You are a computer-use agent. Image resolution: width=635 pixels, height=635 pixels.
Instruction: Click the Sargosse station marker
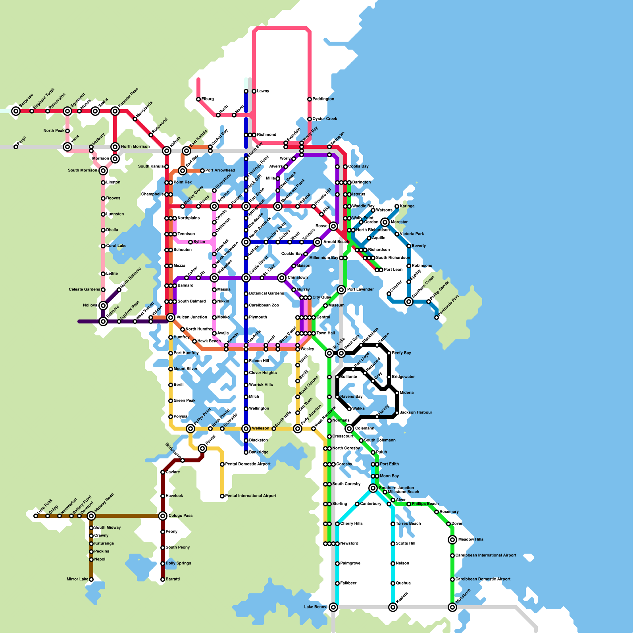pos(16,111)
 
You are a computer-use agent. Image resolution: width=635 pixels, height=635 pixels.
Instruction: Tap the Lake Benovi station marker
pos(333,607)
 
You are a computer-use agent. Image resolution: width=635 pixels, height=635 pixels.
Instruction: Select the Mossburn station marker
pos(452,607)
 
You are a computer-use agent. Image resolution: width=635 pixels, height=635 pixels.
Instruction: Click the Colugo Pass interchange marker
pos(163,516)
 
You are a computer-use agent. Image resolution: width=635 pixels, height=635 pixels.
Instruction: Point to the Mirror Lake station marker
pos(91,579)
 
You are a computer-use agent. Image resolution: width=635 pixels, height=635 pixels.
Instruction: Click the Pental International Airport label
pos(251,496)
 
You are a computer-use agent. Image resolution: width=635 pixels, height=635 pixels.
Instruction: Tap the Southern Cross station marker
pos(409,302)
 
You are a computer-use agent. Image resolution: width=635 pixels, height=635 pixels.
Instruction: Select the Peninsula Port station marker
pos(437,317)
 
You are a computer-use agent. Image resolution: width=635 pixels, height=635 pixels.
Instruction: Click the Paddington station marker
pos(310,99)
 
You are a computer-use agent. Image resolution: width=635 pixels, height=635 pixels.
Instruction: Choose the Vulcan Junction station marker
pos(171,317)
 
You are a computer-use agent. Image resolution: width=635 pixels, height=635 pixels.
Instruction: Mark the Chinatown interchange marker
pos(282,278)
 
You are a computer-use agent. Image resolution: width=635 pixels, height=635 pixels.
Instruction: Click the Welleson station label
pos(261,429)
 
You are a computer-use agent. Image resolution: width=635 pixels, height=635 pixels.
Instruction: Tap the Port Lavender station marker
pos(341,290)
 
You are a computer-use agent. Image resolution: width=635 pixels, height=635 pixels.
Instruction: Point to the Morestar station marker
pos(385,222)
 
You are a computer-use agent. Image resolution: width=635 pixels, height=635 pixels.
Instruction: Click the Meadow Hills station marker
pos(452,540)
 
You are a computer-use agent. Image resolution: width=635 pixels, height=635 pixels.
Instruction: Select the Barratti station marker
pos(163,579)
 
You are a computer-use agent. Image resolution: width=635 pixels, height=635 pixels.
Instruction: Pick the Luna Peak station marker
pos(36,516)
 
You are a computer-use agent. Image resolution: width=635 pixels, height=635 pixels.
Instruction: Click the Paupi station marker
pos(16,147)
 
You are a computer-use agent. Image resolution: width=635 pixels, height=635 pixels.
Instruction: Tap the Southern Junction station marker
pos(373,488)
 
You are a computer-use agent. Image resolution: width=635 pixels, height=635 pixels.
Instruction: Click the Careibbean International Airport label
pos(486,556)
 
